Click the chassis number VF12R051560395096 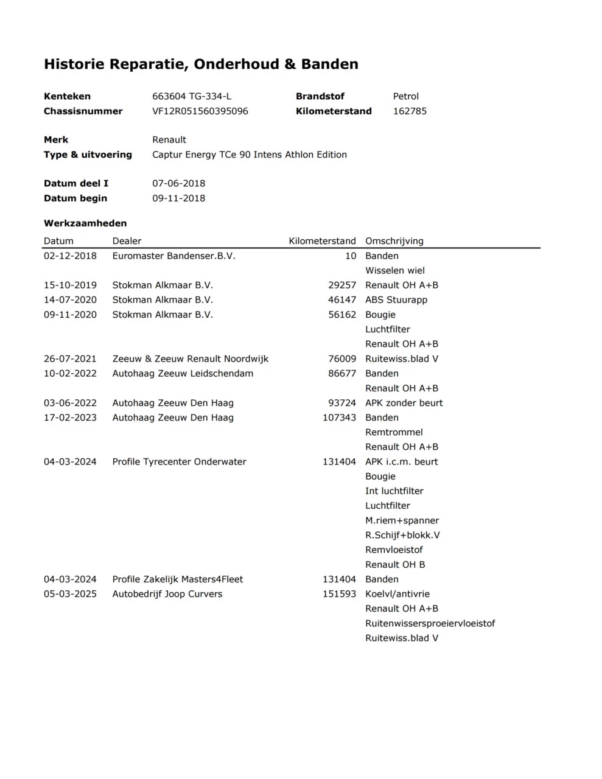pos(200,111)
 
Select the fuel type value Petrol pos(405,96)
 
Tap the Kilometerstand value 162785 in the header pos(410,111)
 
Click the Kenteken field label pos(67,96)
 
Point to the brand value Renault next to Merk pos(169,140)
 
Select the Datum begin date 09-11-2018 pos(178,198)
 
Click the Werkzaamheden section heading pos(85,223)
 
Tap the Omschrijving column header pos(394,241)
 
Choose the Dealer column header pos(127,241)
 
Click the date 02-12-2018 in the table pos(70,256)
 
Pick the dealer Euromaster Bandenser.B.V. pos(173,256)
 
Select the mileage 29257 pos(341,285)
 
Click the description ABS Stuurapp pos(396,300)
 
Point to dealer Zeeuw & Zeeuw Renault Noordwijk pos(190,359)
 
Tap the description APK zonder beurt pos(404,403)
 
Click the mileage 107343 pos(339,417)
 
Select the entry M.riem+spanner pos(402,520)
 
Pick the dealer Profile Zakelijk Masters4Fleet pos(177,579)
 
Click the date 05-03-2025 pos(70,594)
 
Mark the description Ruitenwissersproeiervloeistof pos(430,623)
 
